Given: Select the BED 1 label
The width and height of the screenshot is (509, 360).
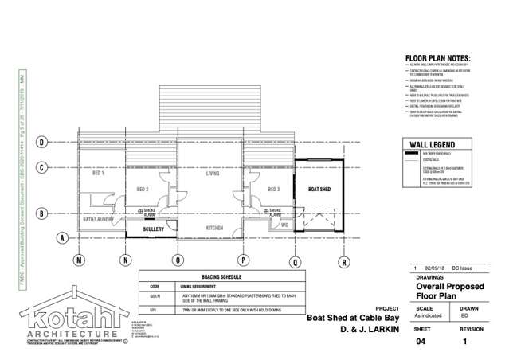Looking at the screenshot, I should tap(100, 173).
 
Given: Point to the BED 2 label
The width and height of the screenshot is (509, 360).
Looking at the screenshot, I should tap(143, 189).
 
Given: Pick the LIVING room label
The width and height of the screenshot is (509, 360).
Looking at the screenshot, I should tap(213, 172).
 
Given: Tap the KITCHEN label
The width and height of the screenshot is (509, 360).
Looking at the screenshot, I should tap(213, 228).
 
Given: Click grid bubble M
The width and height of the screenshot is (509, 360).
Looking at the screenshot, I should tap(79, 260).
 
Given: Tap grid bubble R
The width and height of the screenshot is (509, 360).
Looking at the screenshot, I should tap(343, 260).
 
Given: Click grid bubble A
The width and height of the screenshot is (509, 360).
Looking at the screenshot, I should tap(61, 238).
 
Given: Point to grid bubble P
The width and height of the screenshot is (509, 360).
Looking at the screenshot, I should tap(242, 260).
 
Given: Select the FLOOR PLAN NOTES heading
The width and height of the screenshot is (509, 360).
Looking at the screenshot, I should tap(439, 57).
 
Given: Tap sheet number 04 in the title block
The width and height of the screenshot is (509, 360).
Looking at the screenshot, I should tap(421, 341).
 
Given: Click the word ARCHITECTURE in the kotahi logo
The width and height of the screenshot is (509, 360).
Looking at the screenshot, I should tap(61, 333).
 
